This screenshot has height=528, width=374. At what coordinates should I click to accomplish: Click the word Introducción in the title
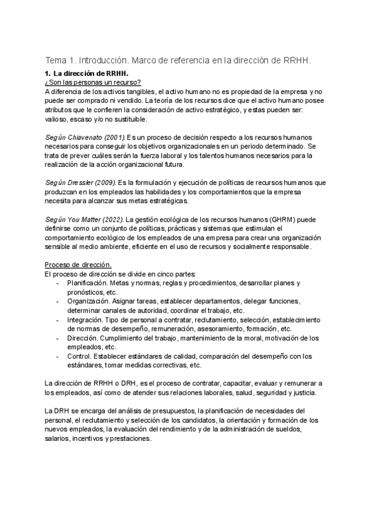102,60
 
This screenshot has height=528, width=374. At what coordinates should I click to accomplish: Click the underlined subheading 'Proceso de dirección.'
78,265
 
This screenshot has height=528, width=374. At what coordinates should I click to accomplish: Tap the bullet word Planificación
89,283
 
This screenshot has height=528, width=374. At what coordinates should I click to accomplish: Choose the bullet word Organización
89,301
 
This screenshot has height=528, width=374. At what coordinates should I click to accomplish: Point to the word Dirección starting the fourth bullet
84,337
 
